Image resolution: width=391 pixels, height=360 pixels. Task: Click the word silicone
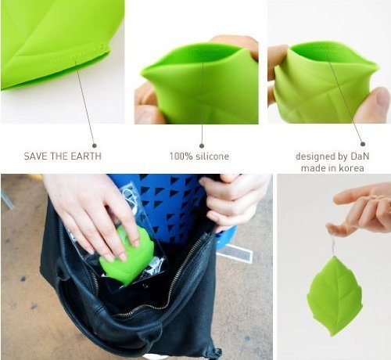pos(212,156)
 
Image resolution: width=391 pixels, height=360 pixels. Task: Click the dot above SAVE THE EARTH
pos(95,146)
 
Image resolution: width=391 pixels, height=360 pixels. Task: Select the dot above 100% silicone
pos(202,146)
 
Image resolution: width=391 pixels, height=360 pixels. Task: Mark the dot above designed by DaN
pos(363,144)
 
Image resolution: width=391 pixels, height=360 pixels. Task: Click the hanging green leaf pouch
pos(335,297)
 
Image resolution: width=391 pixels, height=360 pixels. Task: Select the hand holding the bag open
pos(232,201)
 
